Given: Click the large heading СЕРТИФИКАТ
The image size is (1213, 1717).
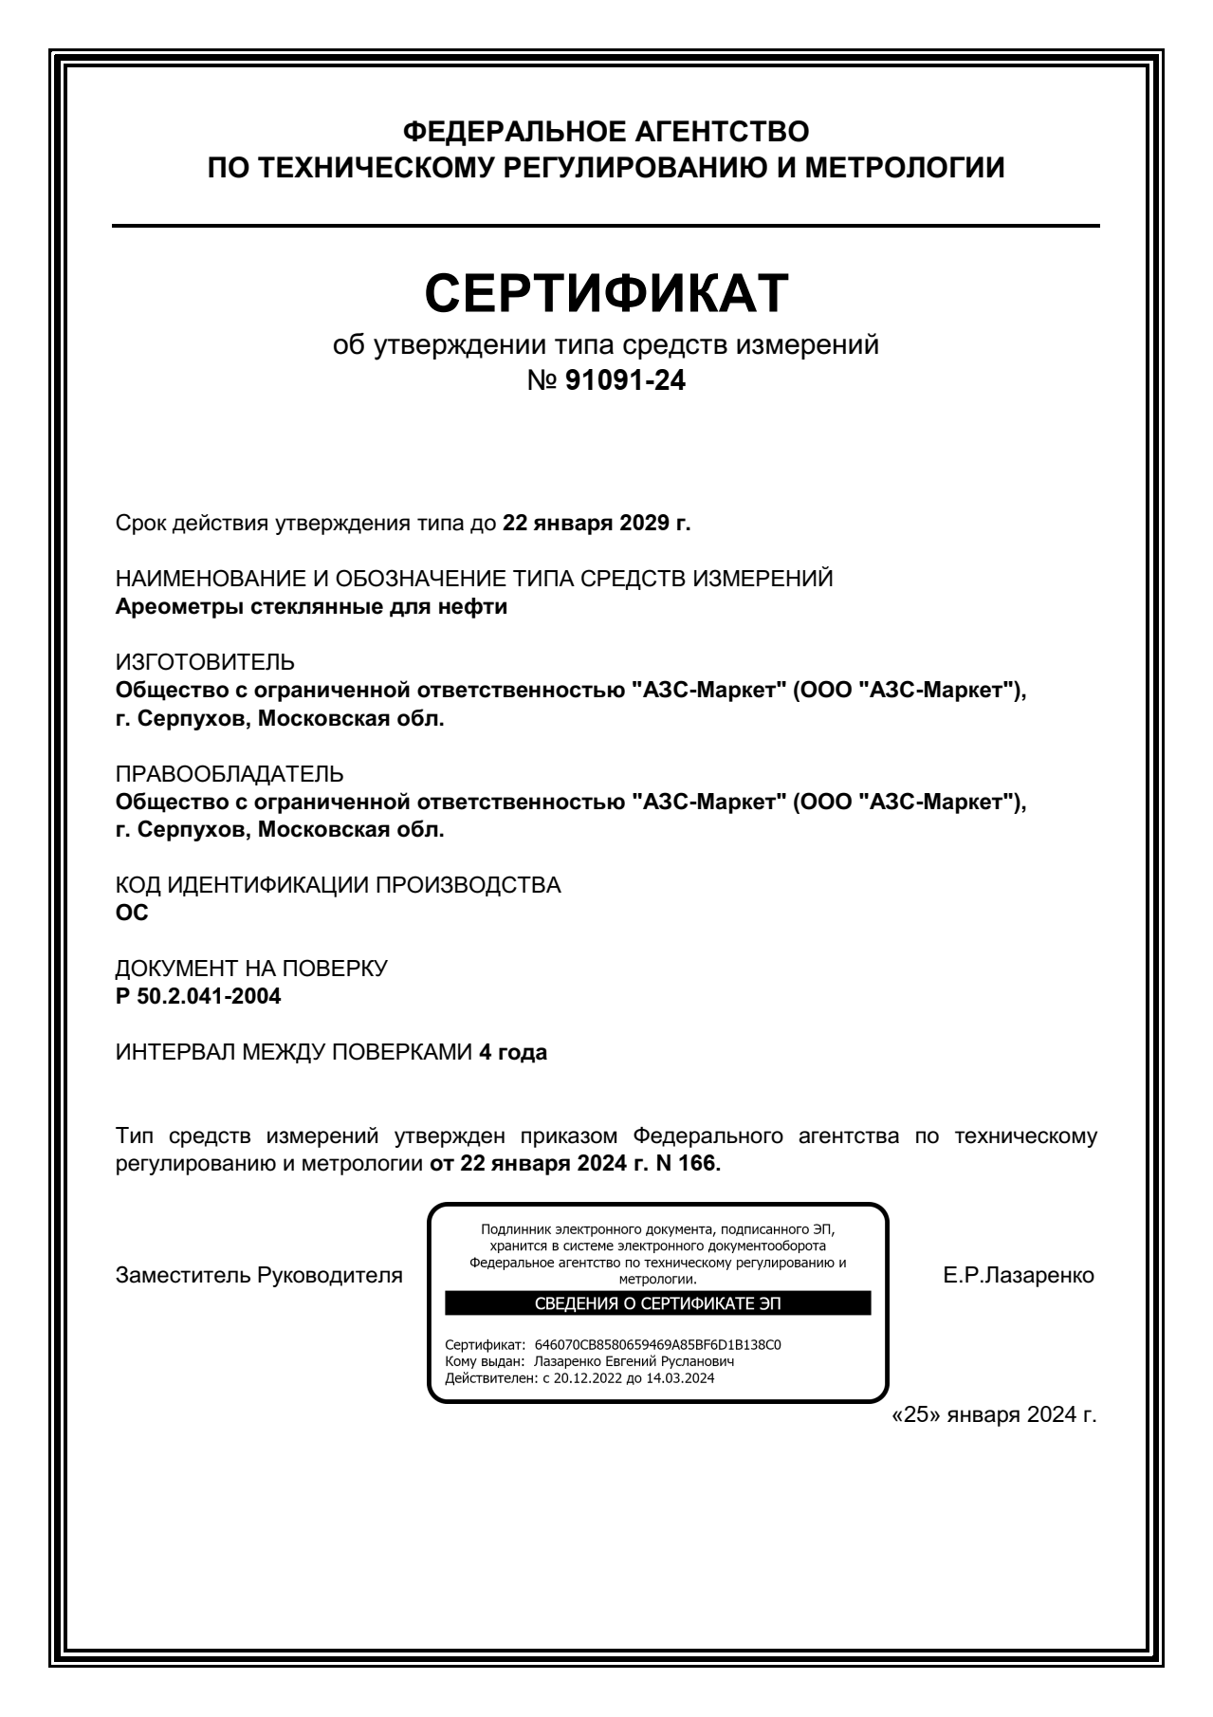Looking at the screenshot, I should (606, 292).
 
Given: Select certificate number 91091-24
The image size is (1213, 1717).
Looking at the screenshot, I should (625, 381).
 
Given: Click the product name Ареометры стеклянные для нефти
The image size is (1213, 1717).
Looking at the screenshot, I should (311, 607).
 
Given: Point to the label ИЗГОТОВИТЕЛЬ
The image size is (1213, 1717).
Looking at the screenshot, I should (205, 662).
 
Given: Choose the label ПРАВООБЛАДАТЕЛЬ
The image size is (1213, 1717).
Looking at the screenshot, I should (230, 774).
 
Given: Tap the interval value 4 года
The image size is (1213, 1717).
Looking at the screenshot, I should (513, 1053).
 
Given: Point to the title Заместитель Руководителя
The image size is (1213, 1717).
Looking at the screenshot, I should (258, 1276).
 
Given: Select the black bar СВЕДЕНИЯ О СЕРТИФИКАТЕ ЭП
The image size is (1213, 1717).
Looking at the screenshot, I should (658, 1303).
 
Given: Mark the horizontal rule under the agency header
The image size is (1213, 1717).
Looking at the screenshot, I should (606, 226).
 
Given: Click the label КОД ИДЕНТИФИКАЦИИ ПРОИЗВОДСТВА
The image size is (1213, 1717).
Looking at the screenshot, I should (338, 886).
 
